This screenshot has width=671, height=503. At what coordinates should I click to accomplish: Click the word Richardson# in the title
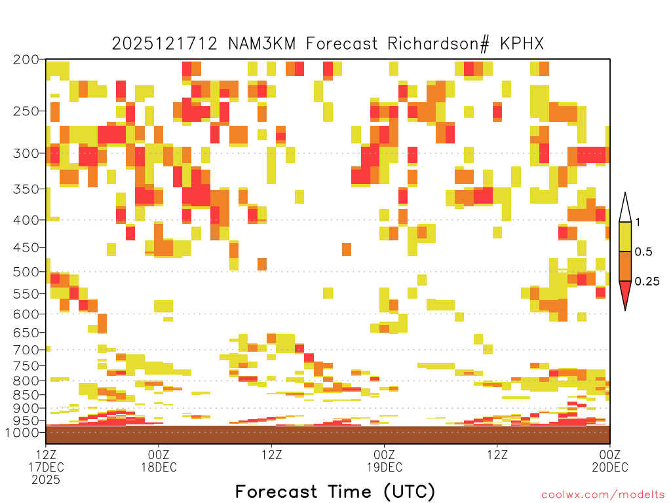[438, 44]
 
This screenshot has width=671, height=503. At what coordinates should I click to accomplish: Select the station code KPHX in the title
[522, 44]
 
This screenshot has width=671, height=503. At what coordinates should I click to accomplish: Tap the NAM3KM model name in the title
[262, 44]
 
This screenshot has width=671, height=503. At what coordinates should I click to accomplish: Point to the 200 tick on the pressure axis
[26, 60]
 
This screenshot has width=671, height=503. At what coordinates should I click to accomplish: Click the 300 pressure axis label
[26, 153]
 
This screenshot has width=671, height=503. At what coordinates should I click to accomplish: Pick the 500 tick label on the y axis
[26, 272]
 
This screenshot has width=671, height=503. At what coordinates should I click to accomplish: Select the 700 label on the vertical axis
[26, 350]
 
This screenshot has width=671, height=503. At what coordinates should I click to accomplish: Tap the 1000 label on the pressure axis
[22, 432]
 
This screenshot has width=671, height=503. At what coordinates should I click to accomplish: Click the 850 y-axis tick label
[26, 395]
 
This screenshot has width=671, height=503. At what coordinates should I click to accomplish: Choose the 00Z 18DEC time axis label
[159, 460]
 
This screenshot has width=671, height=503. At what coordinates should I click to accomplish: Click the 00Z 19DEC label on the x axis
[384, 460]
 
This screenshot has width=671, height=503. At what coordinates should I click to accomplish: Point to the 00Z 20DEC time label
[610, 460]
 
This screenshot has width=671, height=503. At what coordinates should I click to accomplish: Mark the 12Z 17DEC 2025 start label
[47, 467]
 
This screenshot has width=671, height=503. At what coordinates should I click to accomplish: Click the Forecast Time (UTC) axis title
[335, 491]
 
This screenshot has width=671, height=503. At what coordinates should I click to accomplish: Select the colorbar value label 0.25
[647, 282]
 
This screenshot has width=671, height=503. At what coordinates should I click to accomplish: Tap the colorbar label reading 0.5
[643, 251]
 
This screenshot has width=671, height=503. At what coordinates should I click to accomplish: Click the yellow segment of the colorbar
[625, 236]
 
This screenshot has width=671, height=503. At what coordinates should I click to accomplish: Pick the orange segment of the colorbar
[625, 266]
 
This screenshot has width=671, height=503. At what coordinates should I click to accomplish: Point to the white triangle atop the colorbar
[625, 210]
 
